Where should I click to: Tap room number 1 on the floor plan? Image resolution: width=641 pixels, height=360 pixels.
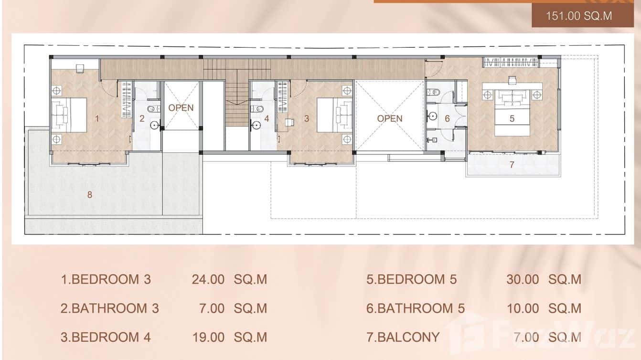click(97, 118)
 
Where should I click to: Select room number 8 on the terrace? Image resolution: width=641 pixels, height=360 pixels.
click(89, 194)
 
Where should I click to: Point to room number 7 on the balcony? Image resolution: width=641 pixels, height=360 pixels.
click(512, 165)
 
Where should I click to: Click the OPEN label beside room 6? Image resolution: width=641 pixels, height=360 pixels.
click(390, 118)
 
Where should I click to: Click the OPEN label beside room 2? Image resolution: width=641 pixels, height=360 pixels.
click(181, 108)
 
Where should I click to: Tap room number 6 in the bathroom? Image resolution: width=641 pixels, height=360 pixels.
click(447, 118)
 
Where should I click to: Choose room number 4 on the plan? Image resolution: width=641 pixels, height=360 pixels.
click(267, 118)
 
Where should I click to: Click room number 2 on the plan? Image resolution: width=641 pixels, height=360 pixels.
click(142, 118)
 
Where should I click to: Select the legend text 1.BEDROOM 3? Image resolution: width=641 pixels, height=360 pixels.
click(106, 279)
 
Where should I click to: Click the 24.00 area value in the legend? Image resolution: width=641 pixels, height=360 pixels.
click(208, 279)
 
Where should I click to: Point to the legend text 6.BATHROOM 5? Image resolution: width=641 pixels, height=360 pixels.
click(415, 308)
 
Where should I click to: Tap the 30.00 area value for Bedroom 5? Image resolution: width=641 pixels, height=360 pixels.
click(523, 279)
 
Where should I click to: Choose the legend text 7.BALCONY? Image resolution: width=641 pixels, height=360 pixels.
click(403, 337)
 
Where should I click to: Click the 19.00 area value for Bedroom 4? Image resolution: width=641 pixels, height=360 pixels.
click(208, 337)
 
